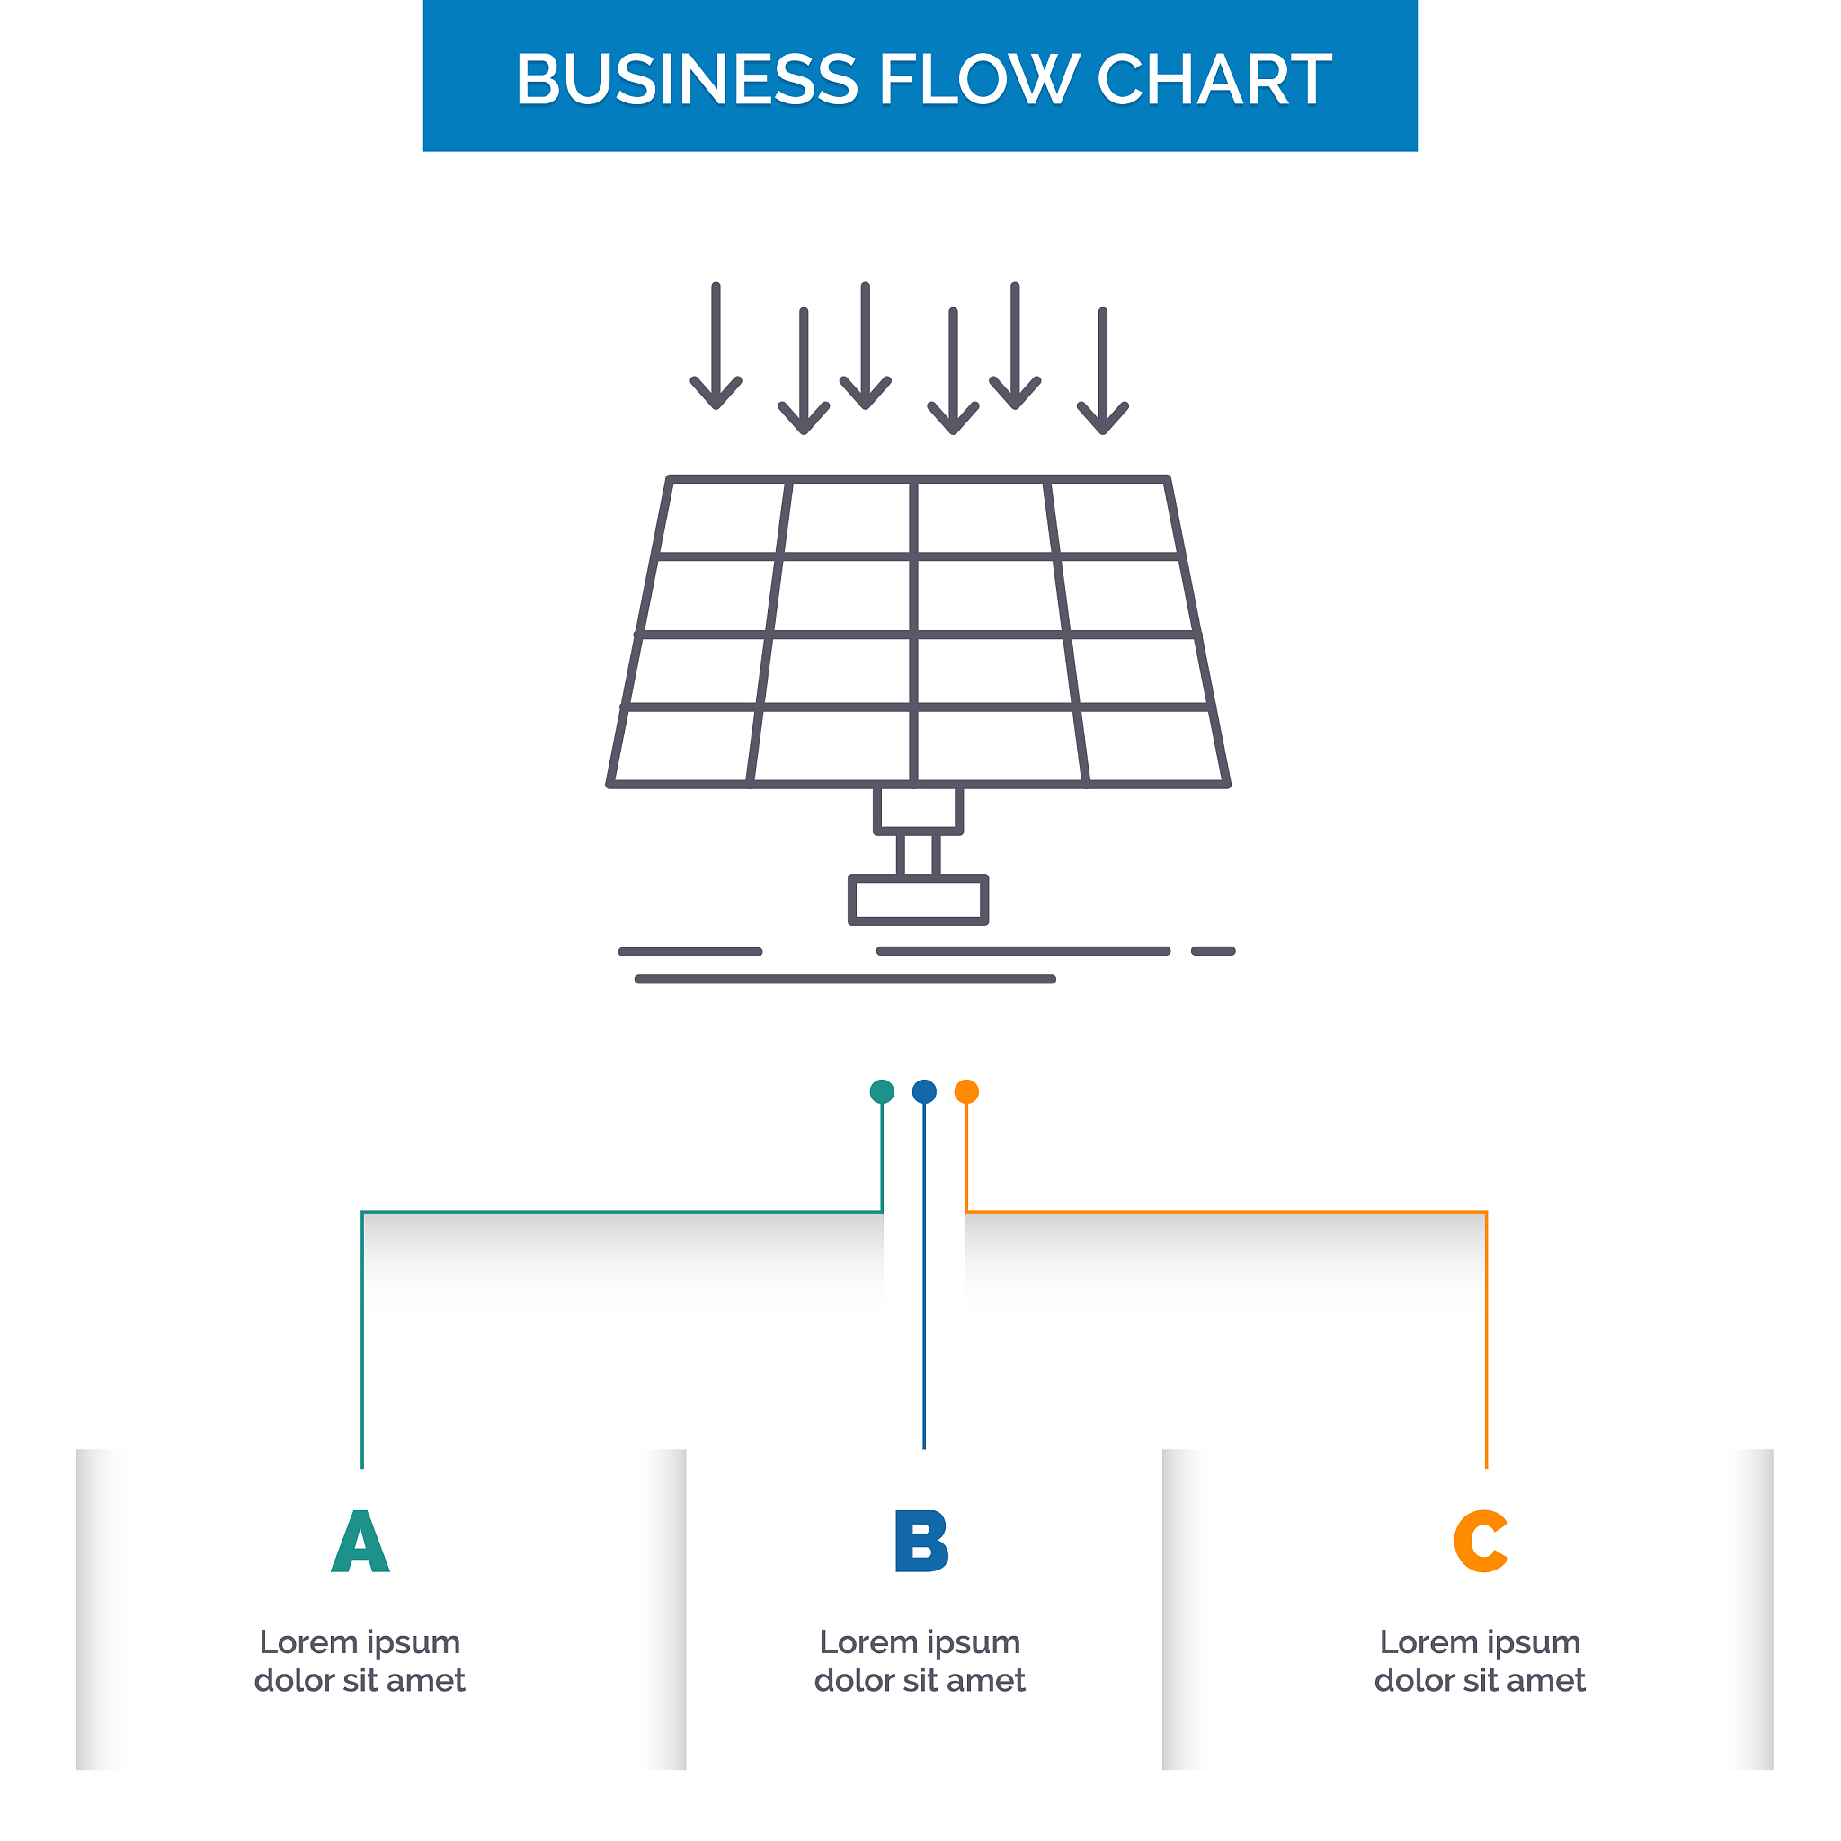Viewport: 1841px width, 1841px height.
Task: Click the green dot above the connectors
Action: pyautogui.click(x=883, y=1091)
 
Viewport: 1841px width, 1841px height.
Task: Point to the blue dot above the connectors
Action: pyautogui.click(x=924, y=1091)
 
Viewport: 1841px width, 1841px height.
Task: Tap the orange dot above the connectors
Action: pyautogui.click(x=966, y=1091)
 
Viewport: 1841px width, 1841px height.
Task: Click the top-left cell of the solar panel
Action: pyautogui.click(x=725, y=519)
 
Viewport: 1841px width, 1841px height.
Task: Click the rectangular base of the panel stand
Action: pyautogui.click(x=918, y=900)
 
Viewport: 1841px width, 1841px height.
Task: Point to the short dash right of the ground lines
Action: pyautogui.click(x=1213, y=951)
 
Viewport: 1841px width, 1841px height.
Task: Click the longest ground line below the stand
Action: pyautogui.click(x=845, y=979)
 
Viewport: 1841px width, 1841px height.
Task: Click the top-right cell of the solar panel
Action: pyautogui.click(x=1113, y=519)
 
